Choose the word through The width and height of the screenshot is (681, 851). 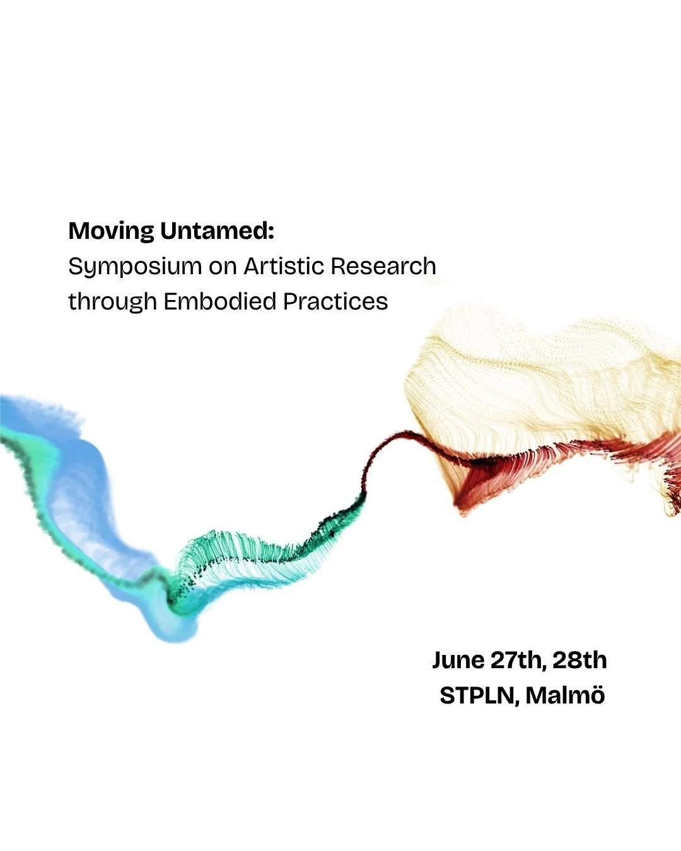(112, 301)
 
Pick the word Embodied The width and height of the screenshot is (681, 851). (220, 301)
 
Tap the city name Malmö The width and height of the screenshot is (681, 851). (566, 695)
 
